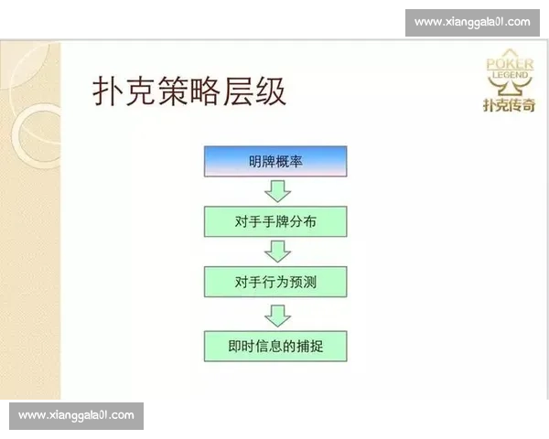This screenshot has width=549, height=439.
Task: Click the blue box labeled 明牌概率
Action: (x=274, y=161)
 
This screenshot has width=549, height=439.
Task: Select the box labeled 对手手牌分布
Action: (x=274, y=221)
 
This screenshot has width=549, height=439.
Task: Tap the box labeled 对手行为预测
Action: (x=274, y=282)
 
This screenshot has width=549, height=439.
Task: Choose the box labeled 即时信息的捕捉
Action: (x=274, y=346)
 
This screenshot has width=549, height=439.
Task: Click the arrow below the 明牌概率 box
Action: (x=276, y=190)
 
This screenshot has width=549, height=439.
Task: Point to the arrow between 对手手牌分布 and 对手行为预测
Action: (x=276, y=251)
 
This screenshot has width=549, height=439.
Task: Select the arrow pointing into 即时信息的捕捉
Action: (x=276, y=313)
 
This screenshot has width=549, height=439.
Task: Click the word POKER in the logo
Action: (x=509, y=65)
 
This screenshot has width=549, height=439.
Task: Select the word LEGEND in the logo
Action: (x=509, y=75)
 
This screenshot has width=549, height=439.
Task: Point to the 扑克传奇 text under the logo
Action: (x=509, y=105)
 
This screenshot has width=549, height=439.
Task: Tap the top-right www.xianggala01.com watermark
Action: (x=472, y=21)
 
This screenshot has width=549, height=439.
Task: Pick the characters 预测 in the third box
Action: (x=303, y=282)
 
